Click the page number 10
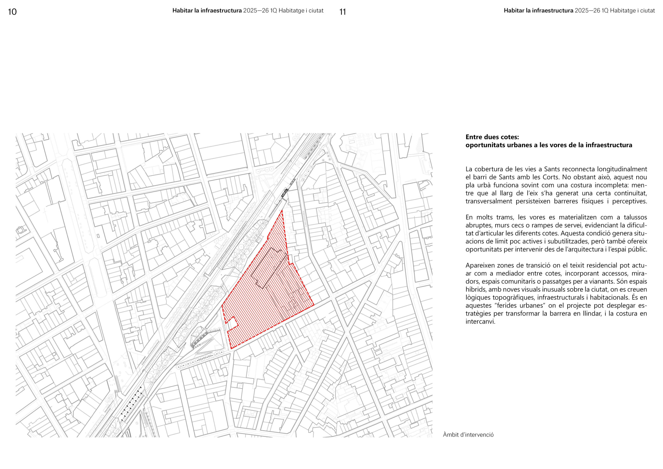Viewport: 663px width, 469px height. pyautogui.click(x=12, y=12)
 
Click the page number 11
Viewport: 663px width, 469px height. pyautogui.click(x=342, y=12)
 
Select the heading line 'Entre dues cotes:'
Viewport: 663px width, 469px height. pyautogui.click(x=492, y=137)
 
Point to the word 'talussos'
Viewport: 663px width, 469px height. pyautogui.click(x=635, y=217)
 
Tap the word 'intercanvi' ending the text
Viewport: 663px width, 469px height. pyautogui.click(x=480, y=322)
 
